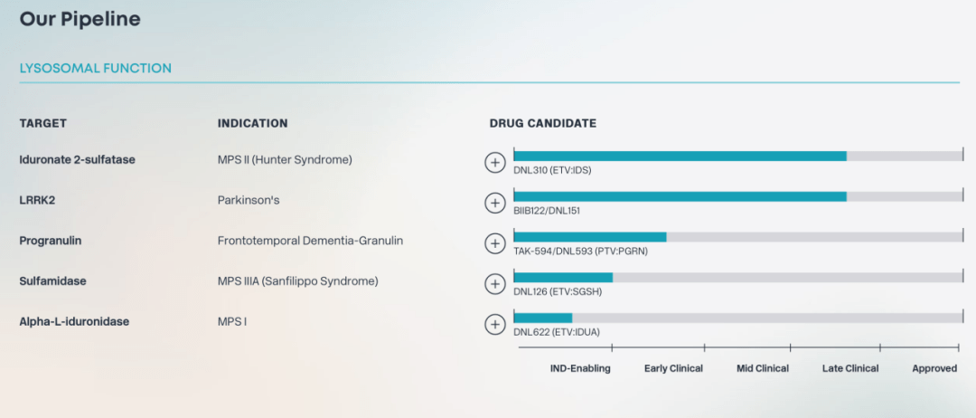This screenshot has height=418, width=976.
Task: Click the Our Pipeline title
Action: pyautogui.click(x=80, y=19)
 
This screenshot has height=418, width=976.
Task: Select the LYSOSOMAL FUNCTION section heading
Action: pyautogui.click(x=95, y=69)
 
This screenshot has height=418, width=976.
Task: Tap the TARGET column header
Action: pyautogui.click(x=43, y=123)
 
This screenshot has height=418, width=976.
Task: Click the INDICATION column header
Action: pyautogui.click(x=253, y=123)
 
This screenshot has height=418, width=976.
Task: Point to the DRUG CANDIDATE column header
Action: pyautogui.click(x=543, y=123)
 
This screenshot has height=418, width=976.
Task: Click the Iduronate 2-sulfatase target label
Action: pyautogui.click(x=77, y=159)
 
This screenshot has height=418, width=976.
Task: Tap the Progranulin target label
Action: pyautogui.click(x=51, y=241)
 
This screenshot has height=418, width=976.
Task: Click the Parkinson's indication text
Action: pyautogui.click(x=246, y=201)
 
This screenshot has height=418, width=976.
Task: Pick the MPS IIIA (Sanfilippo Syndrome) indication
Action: pyautogui.click(x=297, y=281)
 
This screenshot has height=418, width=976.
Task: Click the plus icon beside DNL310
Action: pyautogui.click(x=495, y=163)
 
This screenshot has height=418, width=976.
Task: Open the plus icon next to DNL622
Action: pyautogui.click(x=495, y=324)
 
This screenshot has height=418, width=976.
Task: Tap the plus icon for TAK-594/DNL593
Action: pyautogui.click(x=495, y=243)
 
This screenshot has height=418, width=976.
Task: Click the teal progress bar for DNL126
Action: pyautogui.click(x=563, y=277)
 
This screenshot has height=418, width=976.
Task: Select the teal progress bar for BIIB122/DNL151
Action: pyautogui.click(x=680, y=196)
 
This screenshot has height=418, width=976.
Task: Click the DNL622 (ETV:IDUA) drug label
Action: pyautogui.click(x=557, y=332)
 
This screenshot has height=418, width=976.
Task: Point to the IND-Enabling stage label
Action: pyautogui.click(x=580, y=368)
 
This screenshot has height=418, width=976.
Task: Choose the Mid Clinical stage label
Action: pyautogui.click(x=763, y=368)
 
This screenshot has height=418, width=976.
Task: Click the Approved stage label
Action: pyautogui.click(x=934, y=368)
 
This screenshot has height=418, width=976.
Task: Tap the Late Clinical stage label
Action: pyautogui.click(x=850, y=368)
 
